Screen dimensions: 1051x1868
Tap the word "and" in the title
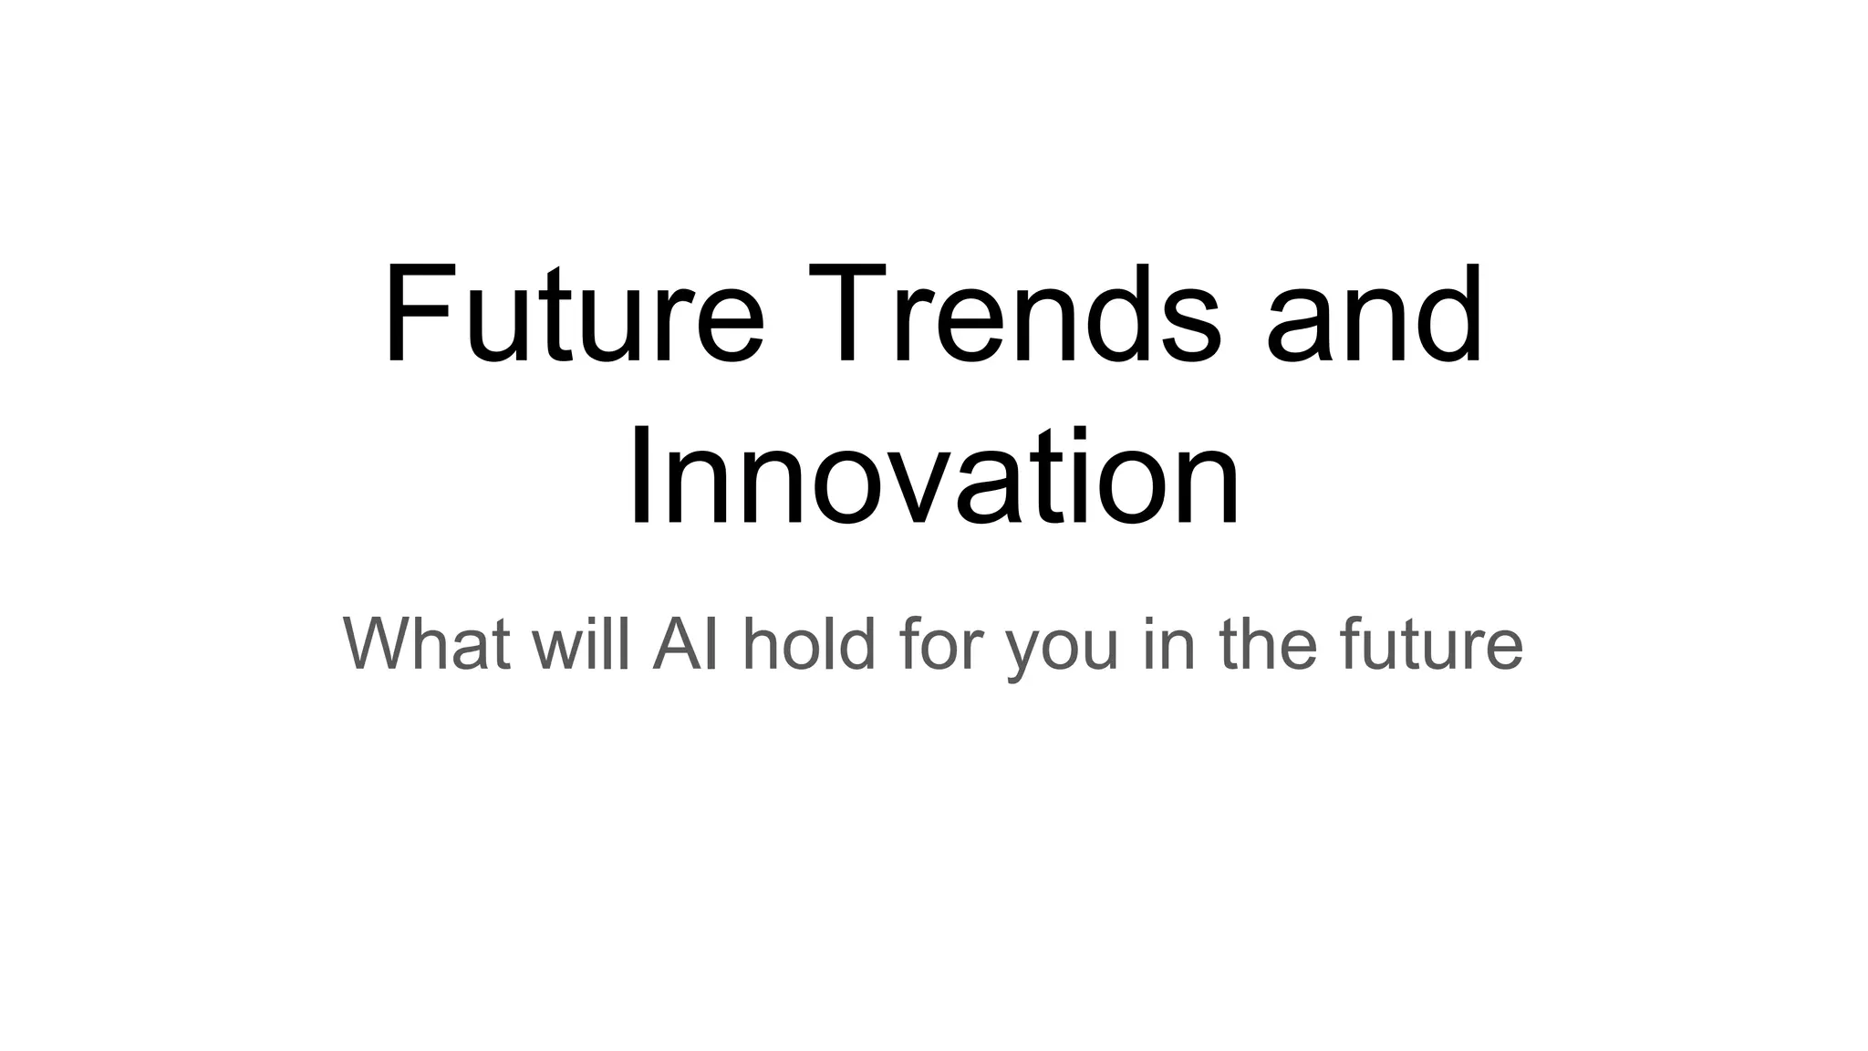(1375, 315)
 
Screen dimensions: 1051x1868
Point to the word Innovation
(934, 479)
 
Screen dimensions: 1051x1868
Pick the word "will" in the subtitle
(581, 643)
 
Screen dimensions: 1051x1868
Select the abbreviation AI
(684, 643)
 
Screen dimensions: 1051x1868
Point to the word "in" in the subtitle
(1168, 643)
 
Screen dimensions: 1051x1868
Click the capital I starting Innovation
(638, 479)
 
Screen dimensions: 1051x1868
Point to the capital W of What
(383, 643)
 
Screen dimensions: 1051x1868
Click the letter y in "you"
(1024, 652)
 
